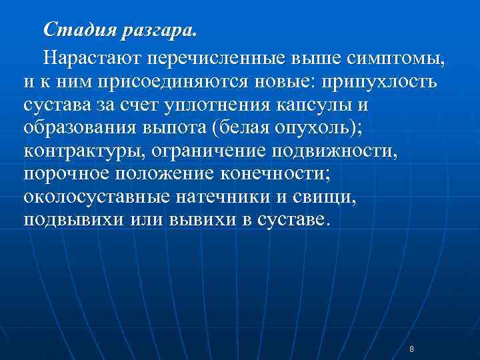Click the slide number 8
point(411,349)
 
